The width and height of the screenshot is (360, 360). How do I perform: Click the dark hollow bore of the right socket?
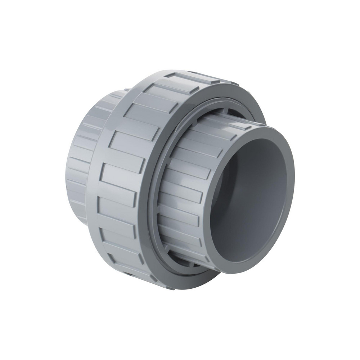[252, 194]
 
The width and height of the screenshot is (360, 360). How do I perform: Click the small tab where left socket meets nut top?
[126, 89]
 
